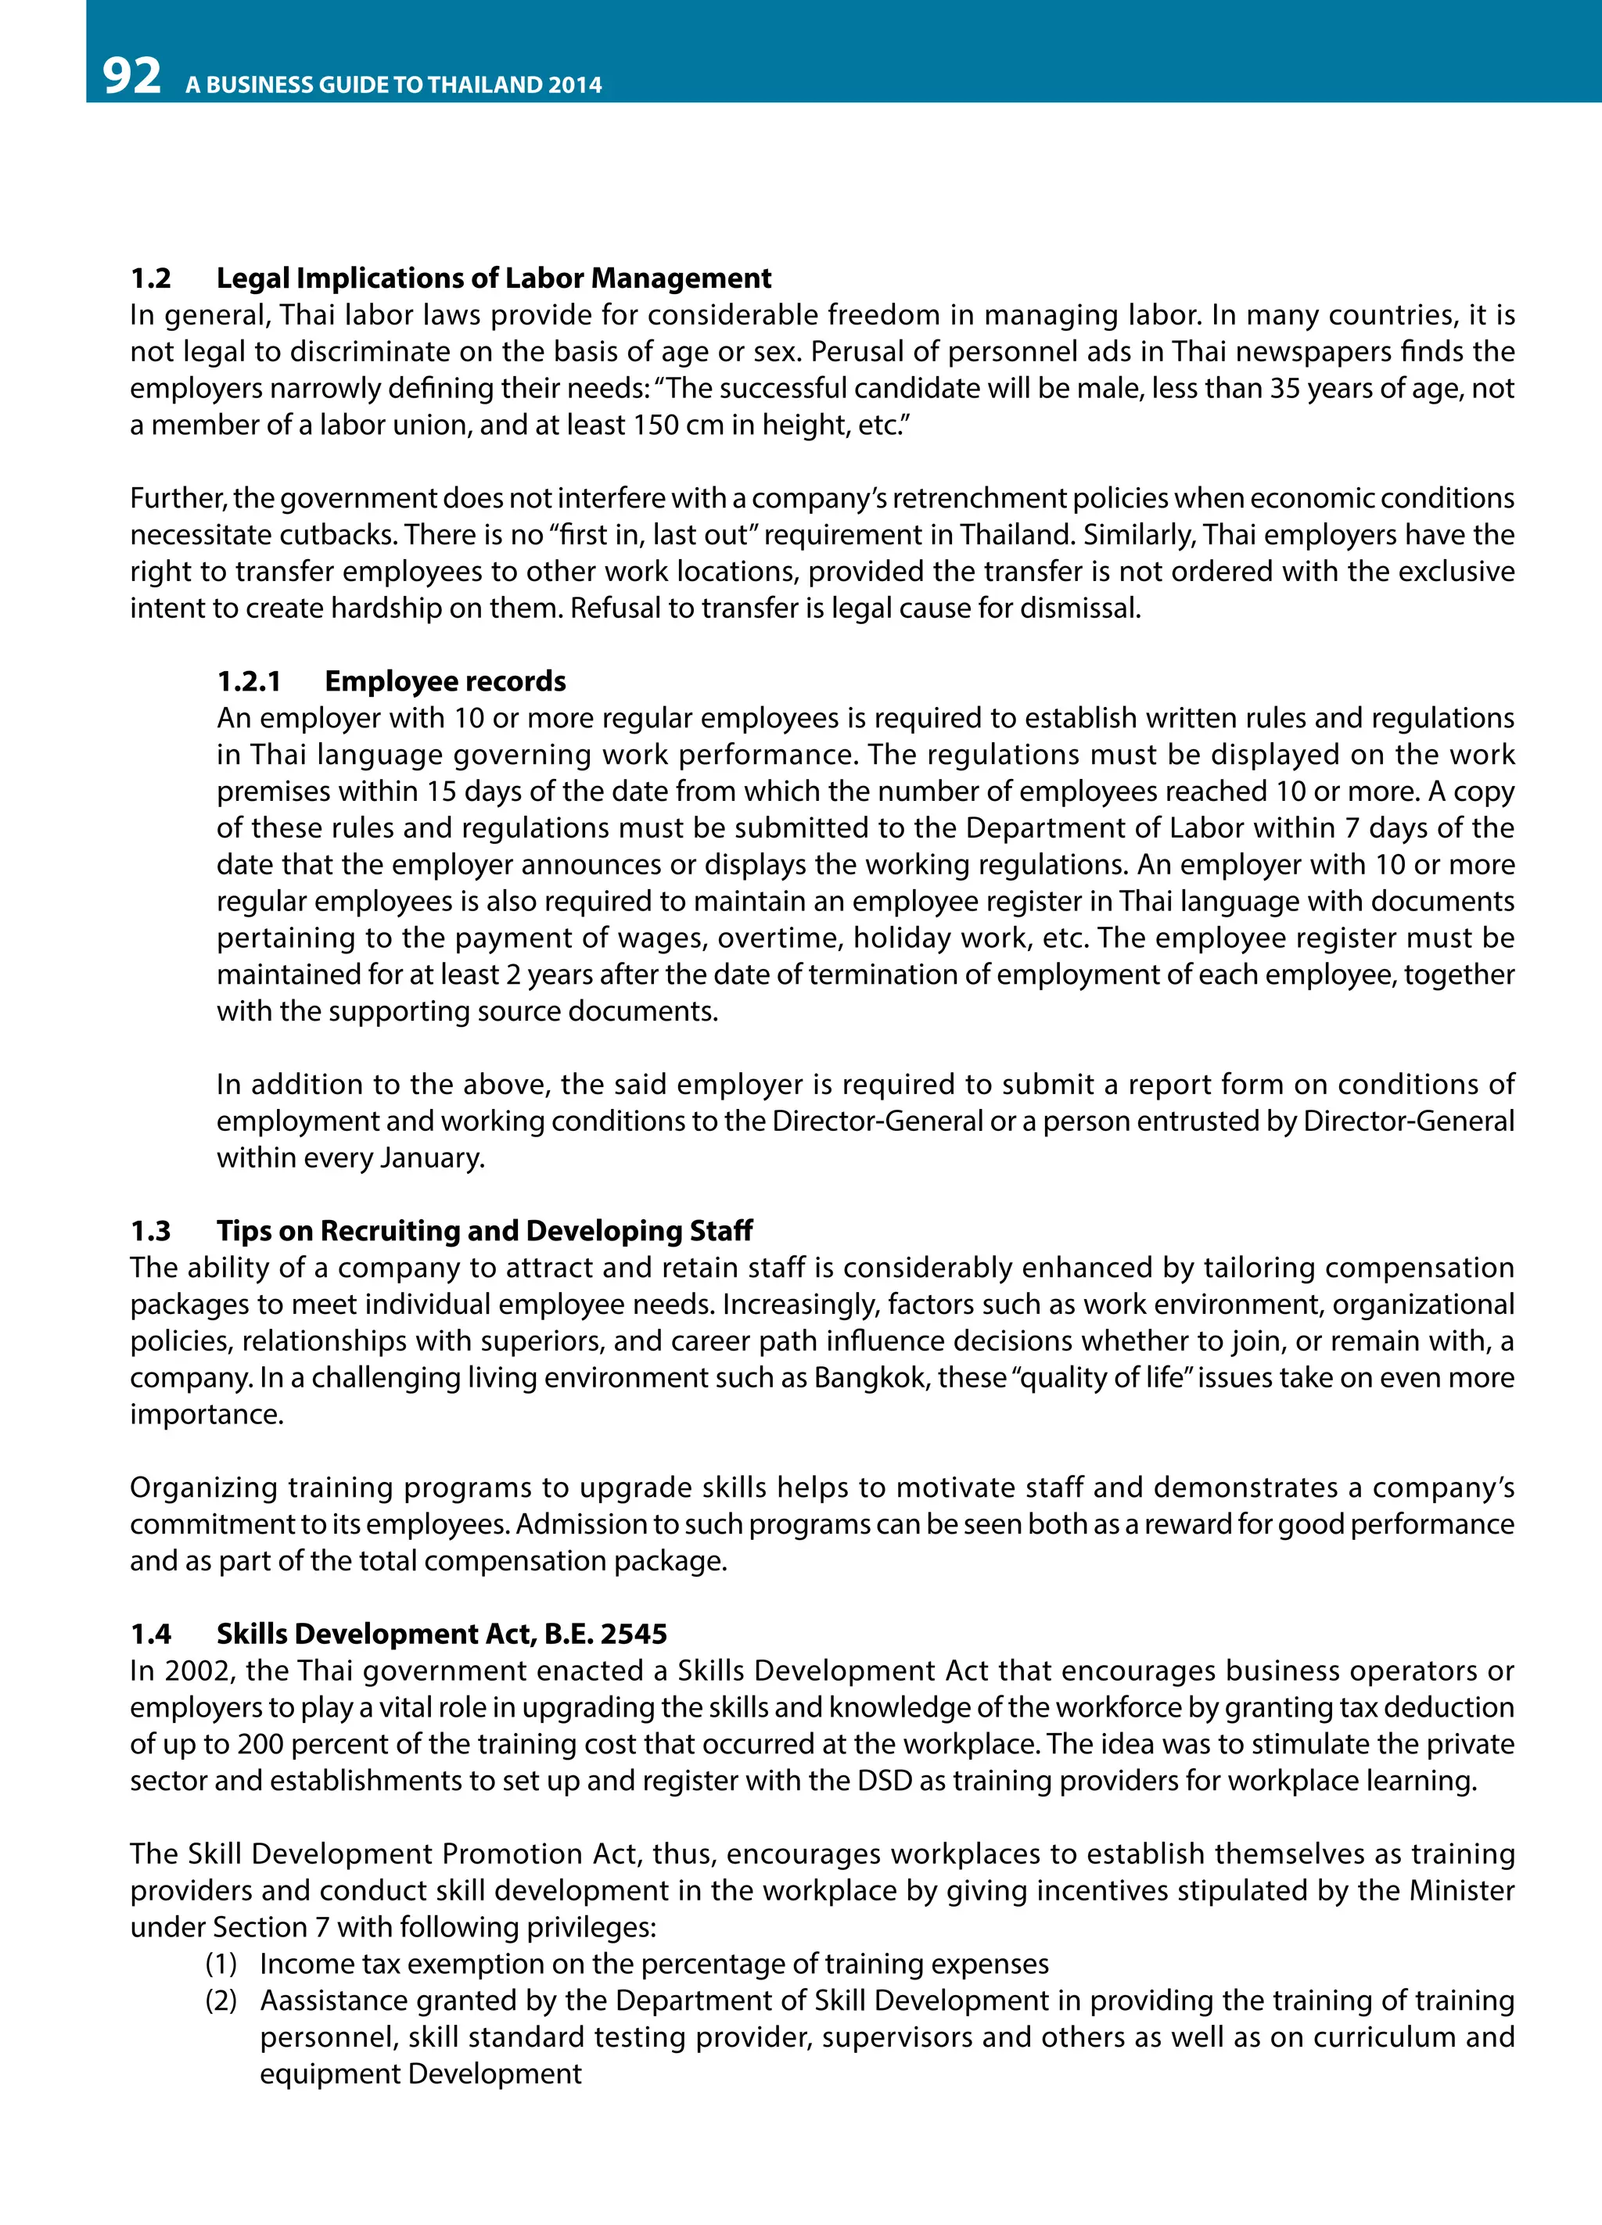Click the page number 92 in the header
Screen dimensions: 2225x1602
pos(131,77)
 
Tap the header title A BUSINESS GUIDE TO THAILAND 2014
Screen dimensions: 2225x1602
pos(393,84)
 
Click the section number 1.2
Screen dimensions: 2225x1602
pos(150,278)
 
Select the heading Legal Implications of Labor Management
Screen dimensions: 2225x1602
pos(494,278)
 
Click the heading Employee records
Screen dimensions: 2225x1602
pos(444,682)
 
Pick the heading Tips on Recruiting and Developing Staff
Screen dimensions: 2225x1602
pos(485,1231)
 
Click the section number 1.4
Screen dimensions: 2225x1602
pos(150,1635)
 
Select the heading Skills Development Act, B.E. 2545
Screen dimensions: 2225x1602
pos(441,1635)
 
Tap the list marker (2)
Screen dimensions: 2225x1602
pos(221,2001)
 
